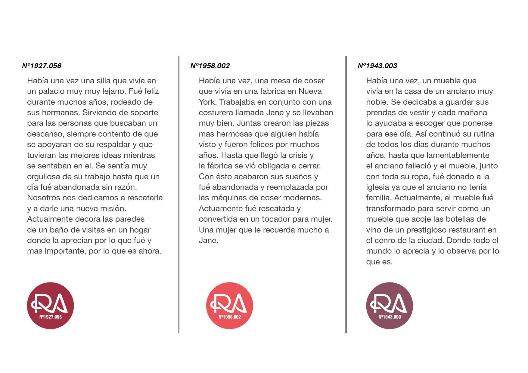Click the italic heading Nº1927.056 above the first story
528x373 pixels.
pos(42,66)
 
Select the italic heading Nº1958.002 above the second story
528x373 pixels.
pos(210,66)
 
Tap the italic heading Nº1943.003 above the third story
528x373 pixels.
pos(377,66)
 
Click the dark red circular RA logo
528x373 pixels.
pos(51,306)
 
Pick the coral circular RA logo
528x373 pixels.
pos(229,306)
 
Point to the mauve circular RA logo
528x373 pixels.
pos(390,306)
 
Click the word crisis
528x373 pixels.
pos(297,155)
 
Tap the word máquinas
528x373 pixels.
pos(228,198)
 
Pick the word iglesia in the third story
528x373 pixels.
pos(377,187)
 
